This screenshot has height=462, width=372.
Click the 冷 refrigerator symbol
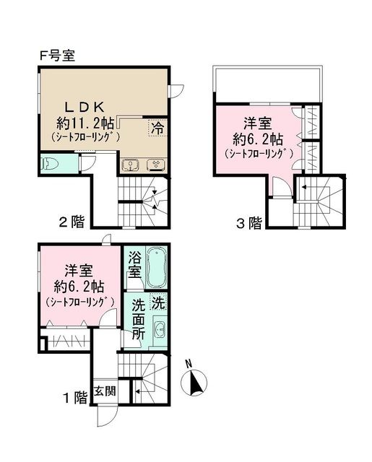[x=157, y=128]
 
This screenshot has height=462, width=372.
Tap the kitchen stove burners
[x=155, y=165]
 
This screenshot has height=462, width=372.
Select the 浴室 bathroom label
[x=134, y=265]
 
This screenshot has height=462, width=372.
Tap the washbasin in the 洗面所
[x=159, y=332]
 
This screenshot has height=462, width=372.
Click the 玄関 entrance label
[x=105, y=392]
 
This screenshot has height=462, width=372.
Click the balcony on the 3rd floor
[x=268, y=81]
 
